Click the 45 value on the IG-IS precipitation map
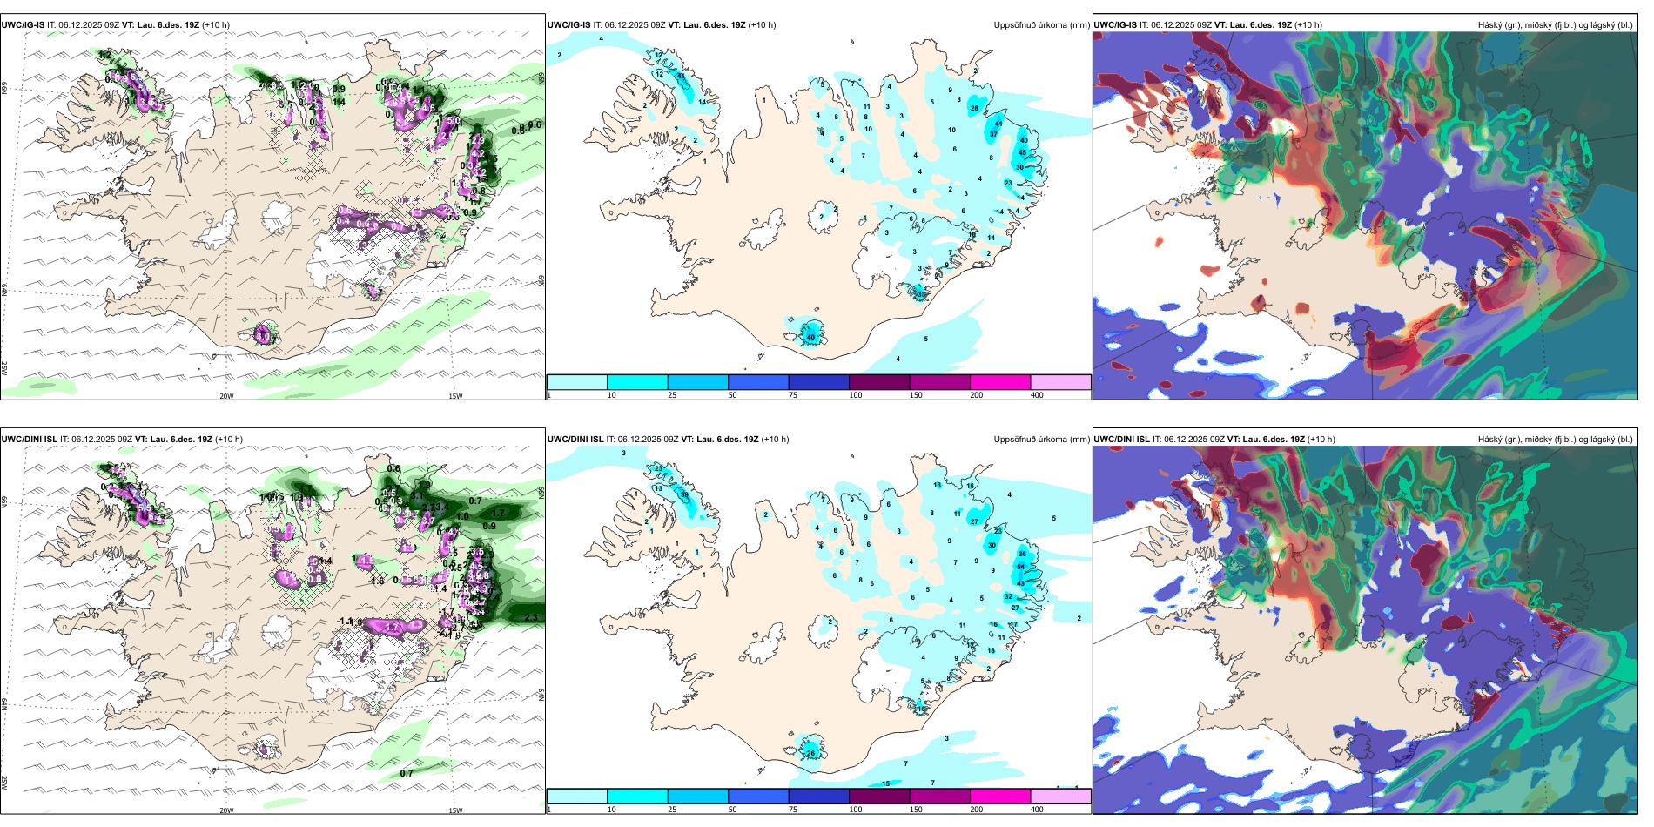pos(1023,152)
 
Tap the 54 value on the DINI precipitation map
pos(1021,567)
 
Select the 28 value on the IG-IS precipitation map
pos(974,109)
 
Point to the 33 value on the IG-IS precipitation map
pos(921,294)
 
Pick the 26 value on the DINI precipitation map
pos(810,753)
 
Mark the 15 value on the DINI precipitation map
pos(886,783)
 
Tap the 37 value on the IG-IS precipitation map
pos(993,134)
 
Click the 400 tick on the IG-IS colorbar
pos(1037,395)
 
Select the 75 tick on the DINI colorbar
pos(793,810)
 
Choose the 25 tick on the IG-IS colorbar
pos(672,395)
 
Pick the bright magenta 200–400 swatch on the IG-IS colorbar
pos(1000,382)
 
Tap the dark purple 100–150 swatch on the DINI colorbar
pos(879,797)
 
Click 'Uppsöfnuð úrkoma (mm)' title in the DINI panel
pos(1041,440)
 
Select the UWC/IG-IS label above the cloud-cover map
pos(1115,25)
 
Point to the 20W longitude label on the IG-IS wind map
pos(226,396)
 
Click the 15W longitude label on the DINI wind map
pos(455,810)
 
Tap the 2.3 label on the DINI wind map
pos(531,617)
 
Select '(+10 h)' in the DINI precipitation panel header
pos(775,440)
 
